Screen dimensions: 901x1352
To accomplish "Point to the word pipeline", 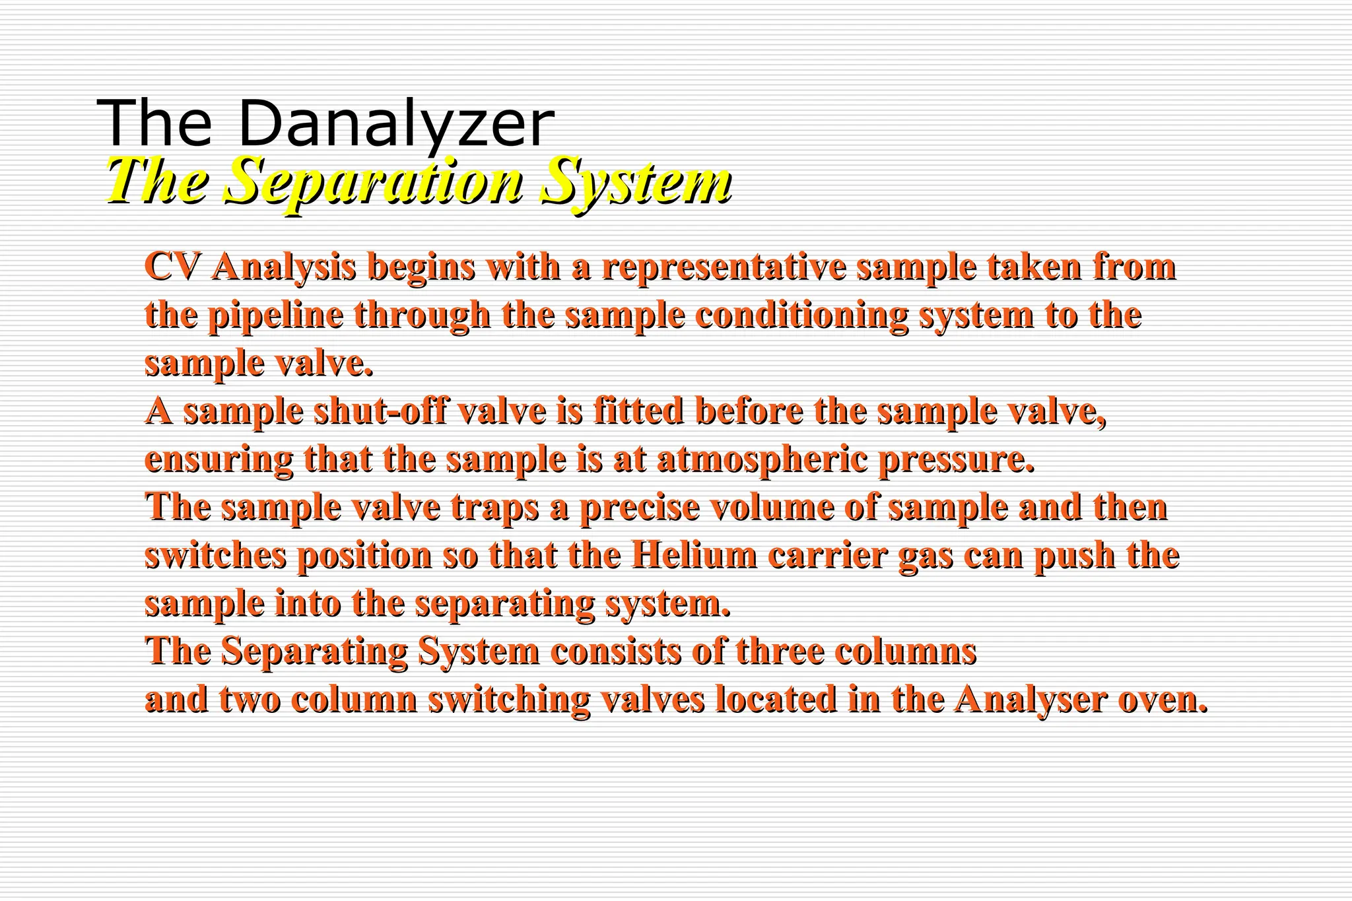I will pyautogui.click(x=277, y=316).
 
